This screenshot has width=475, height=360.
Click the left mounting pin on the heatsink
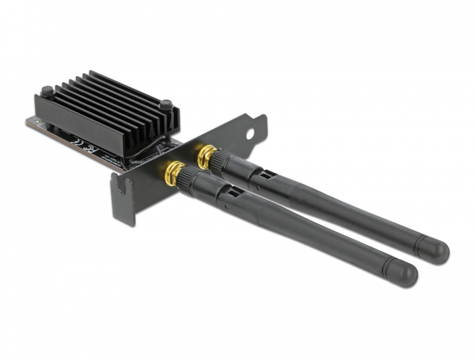[46, 90]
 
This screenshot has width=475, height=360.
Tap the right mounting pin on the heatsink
[165, 105]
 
